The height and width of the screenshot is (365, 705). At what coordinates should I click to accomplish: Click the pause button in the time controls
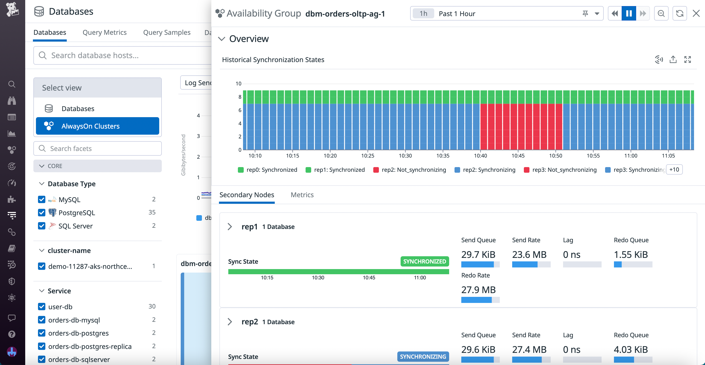point(629,13)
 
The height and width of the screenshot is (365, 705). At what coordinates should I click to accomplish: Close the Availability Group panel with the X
point(696,13)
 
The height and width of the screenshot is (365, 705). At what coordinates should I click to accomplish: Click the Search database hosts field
point(123,55)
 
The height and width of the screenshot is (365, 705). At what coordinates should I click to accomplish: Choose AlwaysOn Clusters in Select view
point(97,126)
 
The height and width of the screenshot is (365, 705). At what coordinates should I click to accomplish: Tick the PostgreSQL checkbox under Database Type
point(42,213)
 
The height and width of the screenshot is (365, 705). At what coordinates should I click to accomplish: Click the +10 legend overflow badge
point(674,170)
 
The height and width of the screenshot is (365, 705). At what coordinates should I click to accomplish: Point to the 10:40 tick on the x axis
point(480,155)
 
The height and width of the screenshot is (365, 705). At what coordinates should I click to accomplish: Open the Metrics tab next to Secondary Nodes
point(302,195)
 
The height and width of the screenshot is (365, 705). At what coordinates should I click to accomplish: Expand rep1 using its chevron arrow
point(230,227)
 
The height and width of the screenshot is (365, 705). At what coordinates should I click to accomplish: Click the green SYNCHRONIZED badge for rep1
point(424,261)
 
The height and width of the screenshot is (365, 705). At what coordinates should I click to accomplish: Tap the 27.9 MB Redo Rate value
point(478,290)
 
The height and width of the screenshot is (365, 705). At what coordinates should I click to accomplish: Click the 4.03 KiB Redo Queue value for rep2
point(631,349)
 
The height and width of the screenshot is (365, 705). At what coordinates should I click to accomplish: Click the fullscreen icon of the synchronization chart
point(687,60)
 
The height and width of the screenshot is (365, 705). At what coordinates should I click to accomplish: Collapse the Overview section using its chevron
point(221,39)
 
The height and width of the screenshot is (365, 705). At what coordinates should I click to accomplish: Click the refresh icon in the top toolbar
point(680,13)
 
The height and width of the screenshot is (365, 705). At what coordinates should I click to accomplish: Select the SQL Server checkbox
point(42,226)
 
